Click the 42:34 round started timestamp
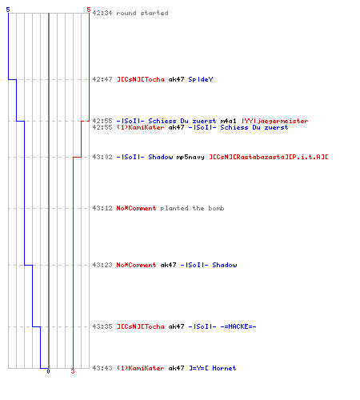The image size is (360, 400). pyautogui.click(x=102, y=13)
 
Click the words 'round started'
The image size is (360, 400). pyautogui.click(x=142, y=13)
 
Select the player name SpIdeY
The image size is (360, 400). pyautogui.click(x=201, y=79)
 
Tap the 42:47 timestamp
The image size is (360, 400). pyautogui.click(x=102, y=79)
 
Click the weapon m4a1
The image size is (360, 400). pyautogui.click(x=228, y=121)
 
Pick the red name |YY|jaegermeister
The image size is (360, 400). pyautogui.click(x=274, y=121)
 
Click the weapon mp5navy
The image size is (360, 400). pyautogui.click(x=190, y=157)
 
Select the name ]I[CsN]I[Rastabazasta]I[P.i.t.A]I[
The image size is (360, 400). pyautogui.click(x=269, y=157)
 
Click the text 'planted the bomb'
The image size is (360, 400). pyautogui.click(x=192, y=208)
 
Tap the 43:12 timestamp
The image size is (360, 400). pyautogui.click(x=102, y=208)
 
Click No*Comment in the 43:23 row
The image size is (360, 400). pyautogui.click(x=136, y=265)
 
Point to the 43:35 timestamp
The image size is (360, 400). pyautogui.click(x=102, y=326)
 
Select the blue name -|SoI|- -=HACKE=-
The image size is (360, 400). pyautogui.click(x=222, y=326)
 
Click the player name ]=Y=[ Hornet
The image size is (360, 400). pyautogui.click(x=212, y=368)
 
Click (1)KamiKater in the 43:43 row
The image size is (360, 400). pyautogui.click(x=140, y=368)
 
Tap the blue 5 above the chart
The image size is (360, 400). pyautogui.click(x=8, y=10)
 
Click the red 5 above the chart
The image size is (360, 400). pyautogui.click(x=89, y=10)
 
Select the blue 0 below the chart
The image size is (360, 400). pyautogui.click(x=48, y=371)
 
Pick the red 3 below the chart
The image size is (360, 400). pyautogui.click(x=73, y=371)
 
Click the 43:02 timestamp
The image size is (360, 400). pyautogui.click(x=102, y=157)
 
